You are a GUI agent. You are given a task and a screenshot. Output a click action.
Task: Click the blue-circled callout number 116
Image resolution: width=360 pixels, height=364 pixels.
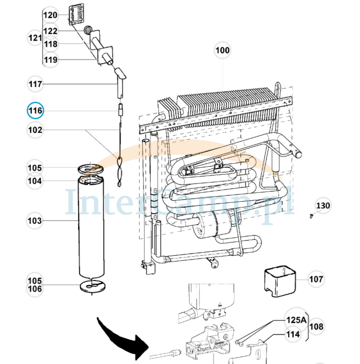(35, 110)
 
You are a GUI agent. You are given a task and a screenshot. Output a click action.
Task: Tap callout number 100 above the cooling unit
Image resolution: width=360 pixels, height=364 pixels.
(222, 50)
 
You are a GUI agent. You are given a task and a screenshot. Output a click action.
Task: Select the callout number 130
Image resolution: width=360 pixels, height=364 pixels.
(323, 205)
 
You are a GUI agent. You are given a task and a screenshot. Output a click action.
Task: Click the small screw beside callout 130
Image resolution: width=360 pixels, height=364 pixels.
(311, 216)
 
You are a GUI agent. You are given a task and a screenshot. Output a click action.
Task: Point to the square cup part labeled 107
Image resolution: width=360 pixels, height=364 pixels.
(280, 281)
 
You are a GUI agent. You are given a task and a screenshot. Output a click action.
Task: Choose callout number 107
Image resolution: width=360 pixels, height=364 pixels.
(316, 279)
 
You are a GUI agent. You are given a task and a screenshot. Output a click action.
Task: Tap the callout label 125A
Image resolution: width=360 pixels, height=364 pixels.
(296, 320)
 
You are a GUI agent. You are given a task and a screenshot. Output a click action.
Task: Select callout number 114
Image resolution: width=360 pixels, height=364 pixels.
(293, 335)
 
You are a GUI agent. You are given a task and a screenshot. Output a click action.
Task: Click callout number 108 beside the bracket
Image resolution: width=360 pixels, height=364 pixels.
(316, 326)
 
